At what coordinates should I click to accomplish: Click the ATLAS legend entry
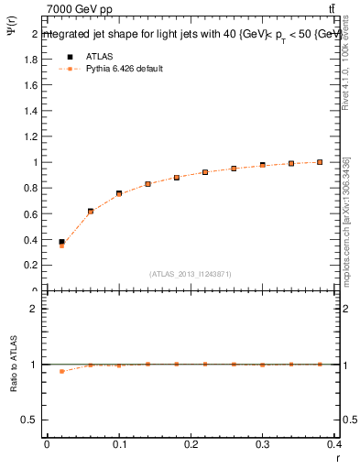click(100, 56)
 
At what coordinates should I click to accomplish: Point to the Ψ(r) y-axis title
click(12, 37)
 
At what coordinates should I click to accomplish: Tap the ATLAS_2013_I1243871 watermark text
click(191, 274)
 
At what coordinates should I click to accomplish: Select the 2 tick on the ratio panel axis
click(35, 309)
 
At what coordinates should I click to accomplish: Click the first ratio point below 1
click(61, 371)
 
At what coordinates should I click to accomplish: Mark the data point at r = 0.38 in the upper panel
click(320, 162)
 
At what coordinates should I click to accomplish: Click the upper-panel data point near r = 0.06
click(91, 212)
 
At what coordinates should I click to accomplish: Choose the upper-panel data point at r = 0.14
click(147, 184)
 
